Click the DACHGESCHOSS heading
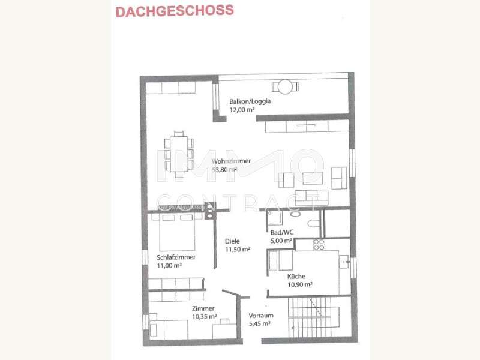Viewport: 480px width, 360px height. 175,11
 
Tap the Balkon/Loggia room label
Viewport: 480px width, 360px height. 250,101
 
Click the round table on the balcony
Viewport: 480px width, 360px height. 285,86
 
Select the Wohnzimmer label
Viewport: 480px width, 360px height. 231,161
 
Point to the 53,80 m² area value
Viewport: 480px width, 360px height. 224,170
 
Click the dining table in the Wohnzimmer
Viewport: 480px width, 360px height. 179,154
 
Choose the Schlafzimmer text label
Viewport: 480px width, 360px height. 176,257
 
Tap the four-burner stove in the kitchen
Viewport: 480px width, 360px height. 319,245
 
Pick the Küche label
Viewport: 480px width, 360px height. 296,277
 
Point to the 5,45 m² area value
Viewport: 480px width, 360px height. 260,323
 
